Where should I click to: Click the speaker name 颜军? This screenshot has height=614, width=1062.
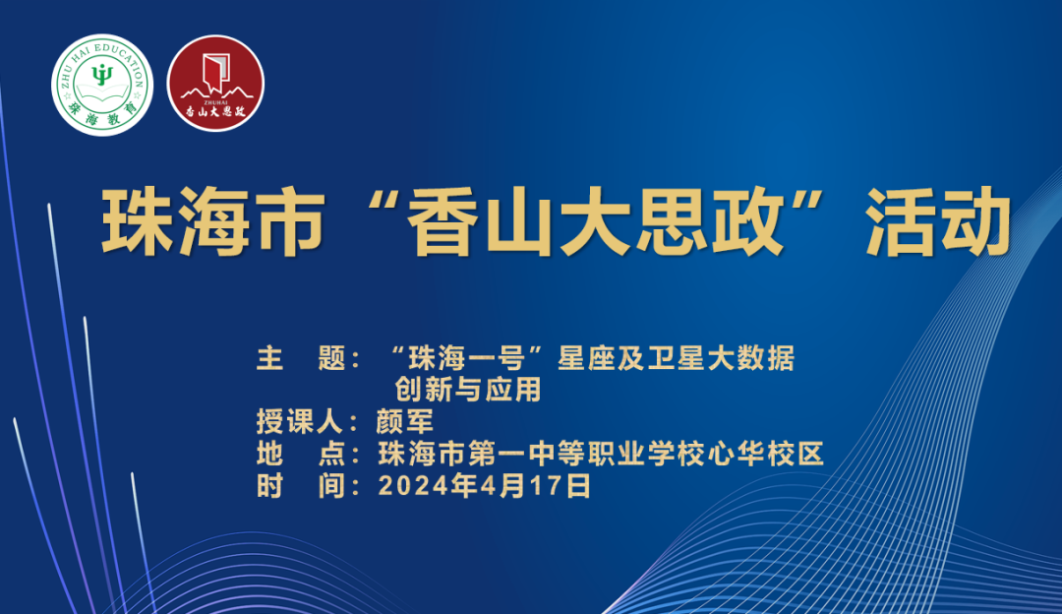tap(405, 422)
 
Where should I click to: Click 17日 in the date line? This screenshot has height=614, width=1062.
tap(564, 485)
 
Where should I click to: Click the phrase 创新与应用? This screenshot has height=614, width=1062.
tap(468, 390)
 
